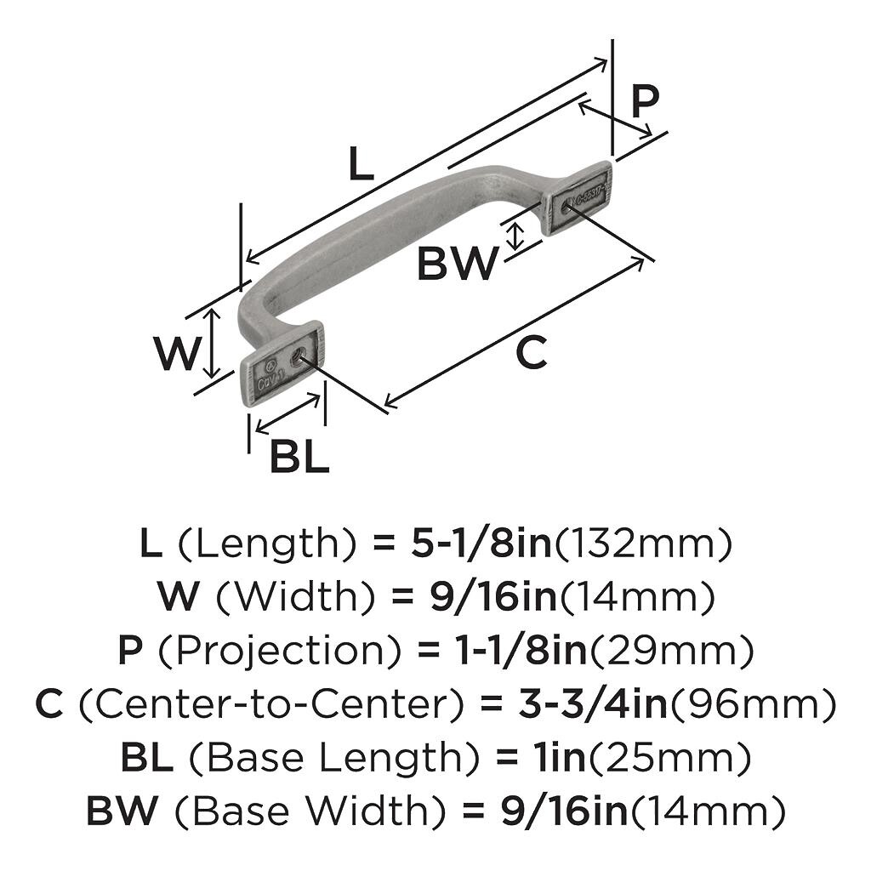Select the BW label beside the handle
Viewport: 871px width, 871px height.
coord(456,265)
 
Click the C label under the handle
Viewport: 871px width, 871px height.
coord(532,353)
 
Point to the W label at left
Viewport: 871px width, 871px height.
coord(177,354)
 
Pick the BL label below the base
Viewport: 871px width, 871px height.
coord(299,458)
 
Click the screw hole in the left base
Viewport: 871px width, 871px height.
coord(298,358)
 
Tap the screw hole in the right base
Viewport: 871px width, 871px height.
coord(565,205)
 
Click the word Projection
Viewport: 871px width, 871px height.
coord(279,652)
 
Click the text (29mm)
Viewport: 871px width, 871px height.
coord(672,652)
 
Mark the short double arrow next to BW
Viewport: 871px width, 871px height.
coord(514,235)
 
